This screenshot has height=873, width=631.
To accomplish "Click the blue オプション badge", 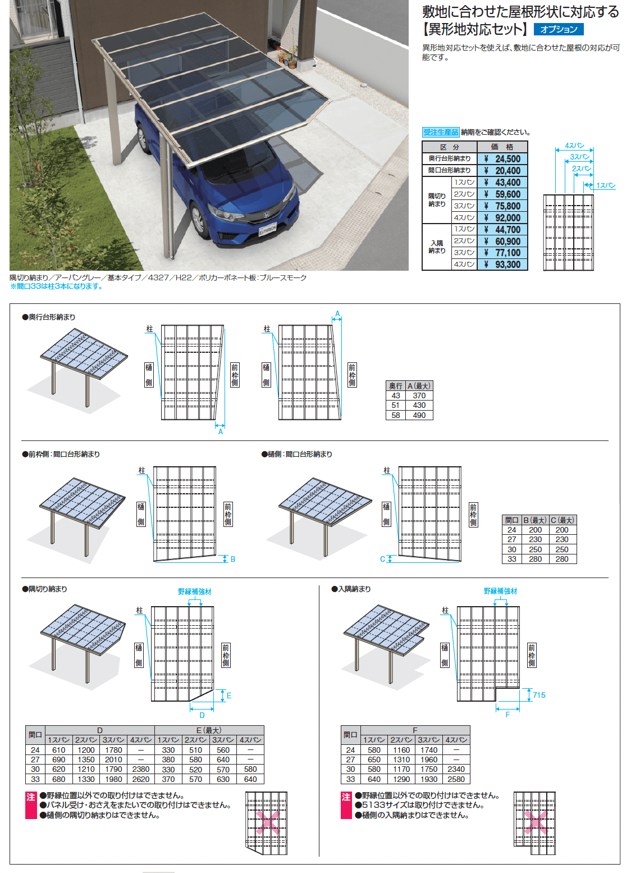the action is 558,29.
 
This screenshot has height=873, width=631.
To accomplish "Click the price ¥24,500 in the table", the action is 502,158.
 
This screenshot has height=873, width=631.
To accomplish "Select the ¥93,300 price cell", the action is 502,264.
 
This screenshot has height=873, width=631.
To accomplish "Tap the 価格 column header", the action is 502,147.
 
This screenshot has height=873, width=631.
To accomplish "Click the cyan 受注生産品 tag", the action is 441,132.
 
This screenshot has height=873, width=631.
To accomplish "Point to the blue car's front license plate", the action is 268,229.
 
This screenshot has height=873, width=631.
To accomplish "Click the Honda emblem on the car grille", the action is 267,214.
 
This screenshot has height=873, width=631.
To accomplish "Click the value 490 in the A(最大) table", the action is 419,415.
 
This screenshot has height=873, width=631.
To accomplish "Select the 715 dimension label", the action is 539,695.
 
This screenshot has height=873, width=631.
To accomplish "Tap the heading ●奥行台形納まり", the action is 49,317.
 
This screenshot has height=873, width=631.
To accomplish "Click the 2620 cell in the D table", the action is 140,779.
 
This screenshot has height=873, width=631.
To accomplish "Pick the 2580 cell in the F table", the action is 456,779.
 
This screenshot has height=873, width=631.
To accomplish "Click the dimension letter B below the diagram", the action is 233,559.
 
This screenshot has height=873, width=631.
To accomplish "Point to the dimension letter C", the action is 382,560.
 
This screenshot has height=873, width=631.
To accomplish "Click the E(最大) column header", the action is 209,730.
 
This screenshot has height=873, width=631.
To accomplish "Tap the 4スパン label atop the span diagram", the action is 574,145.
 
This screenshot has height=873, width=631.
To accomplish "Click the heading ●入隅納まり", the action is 351,589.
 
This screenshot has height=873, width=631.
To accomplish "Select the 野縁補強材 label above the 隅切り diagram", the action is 195,592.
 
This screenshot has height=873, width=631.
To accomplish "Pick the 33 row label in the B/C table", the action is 511,559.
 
